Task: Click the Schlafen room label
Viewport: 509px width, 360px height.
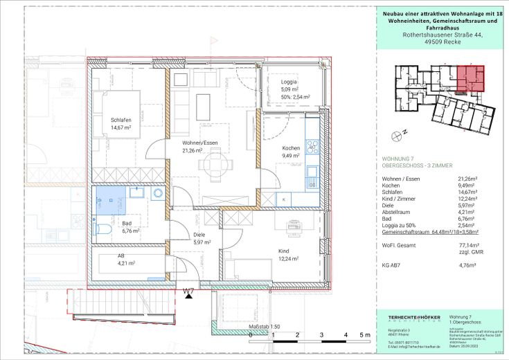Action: click(120, 120)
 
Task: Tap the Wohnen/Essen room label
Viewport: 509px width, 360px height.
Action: click(200, 143)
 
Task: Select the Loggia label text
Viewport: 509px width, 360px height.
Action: click(279, 82)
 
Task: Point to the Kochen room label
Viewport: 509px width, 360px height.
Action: click(290, 148)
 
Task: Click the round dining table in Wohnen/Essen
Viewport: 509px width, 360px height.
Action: click(212, 165)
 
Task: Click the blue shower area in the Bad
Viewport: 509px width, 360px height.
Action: click(109, 200)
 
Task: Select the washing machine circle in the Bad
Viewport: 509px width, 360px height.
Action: click(157, 194)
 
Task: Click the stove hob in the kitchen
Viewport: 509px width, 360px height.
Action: click(312, 147)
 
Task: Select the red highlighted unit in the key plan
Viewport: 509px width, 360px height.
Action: click(472, 78)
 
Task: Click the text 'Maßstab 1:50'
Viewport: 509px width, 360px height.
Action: click(263, 325)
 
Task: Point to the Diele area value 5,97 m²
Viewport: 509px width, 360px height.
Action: click(201, 242)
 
